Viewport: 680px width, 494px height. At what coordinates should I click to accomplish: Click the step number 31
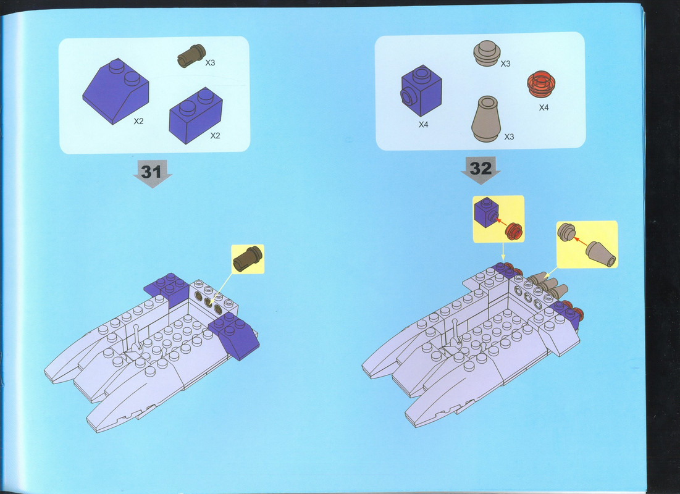tap(151, 172)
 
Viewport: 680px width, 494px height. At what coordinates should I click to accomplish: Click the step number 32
tap(481, 169)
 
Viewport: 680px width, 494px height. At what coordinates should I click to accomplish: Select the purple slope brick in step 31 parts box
tap(115, 91)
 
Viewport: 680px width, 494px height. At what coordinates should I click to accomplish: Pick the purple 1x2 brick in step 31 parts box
tap(196, 115)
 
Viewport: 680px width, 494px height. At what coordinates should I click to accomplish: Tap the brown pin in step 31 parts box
tap(191, 56)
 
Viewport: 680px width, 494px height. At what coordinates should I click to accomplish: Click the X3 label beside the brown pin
tap(210, 63)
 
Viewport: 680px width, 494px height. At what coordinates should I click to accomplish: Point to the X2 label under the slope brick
tap(138, 122)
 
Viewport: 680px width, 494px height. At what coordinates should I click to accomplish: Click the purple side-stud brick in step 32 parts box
tap(421, 91)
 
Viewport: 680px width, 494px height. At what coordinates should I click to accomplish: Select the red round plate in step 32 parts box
tap(541, 84)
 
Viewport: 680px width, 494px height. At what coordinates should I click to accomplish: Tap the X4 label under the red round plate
tap(544, 107)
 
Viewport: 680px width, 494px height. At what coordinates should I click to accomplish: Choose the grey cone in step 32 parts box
tap(486, 119)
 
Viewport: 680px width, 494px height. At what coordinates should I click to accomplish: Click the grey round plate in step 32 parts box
tap(487, 53)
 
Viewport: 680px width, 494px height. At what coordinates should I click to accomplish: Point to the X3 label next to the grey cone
tap(509, 137)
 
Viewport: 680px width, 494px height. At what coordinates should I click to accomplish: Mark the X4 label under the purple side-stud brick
tap(423, 125)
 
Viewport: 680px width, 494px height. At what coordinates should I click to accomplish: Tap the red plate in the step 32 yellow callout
tap(514, 231)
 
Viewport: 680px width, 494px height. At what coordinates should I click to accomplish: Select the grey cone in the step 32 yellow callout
tap(601, 254)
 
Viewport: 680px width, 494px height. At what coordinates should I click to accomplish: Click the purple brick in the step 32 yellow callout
tap(486, 212)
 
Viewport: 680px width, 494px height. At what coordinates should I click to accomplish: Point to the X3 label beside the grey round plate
tap(506, 64)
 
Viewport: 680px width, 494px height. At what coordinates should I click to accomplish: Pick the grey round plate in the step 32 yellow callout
tap(566, 232)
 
